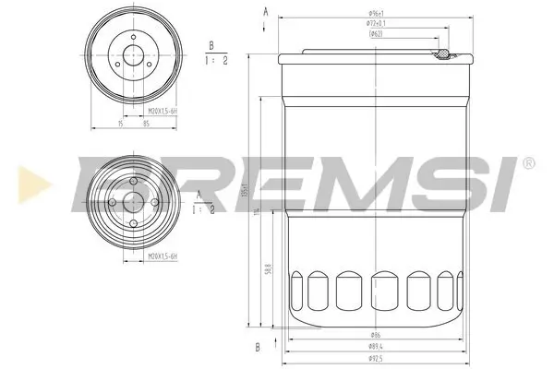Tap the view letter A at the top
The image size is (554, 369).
266,11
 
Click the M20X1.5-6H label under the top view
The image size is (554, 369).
163,111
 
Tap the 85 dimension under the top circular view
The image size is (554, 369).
147,122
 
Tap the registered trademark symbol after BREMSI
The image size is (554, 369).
527,162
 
